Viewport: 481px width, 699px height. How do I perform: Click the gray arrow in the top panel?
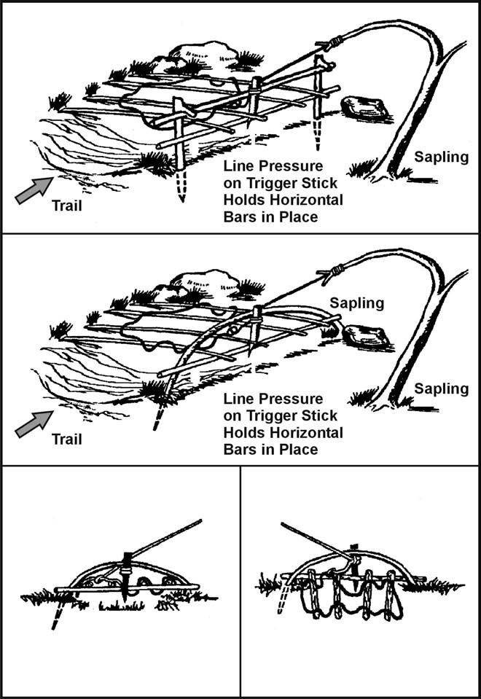30,191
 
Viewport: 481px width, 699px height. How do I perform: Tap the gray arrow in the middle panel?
30,423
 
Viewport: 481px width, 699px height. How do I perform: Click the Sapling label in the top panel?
442,156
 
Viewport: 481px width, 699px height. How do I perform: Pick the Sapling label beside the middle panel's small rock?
356,302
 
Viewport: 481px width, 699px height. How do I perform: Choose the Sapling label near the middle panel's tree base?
442,388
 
